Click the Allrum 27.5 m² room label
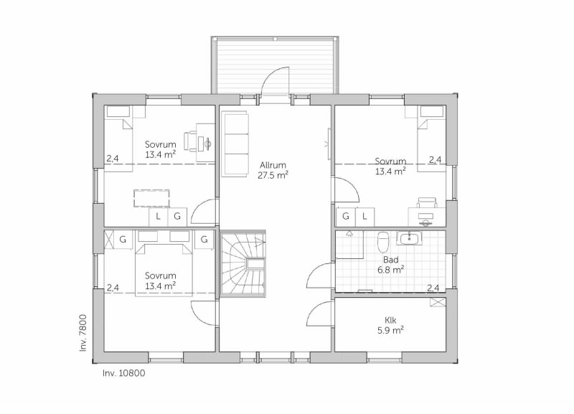point(273,170)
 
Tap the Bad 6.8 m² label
point(390,265)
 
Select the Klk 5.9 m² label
point(390,325)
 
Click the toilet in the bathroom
point(383,242)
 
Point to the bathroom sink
point(409,238)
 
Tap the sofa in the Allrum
point(235,146)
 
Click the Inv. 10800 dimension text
point(123,373)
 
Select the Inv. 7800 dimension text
point(83,333)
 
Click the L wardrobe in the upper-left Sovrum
point(158,217)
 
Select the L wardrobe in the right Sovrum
point(364,217)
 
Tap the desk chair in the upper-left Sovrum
point(190,141)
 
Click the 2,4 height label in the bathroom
point(433,288)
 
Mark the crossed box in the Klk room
point(438,302)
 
